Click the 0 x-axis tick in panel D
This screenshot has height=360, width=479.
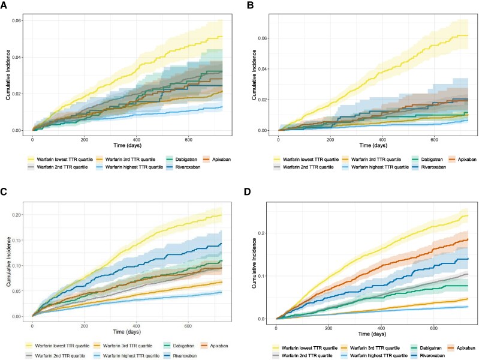coord(276,328)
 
